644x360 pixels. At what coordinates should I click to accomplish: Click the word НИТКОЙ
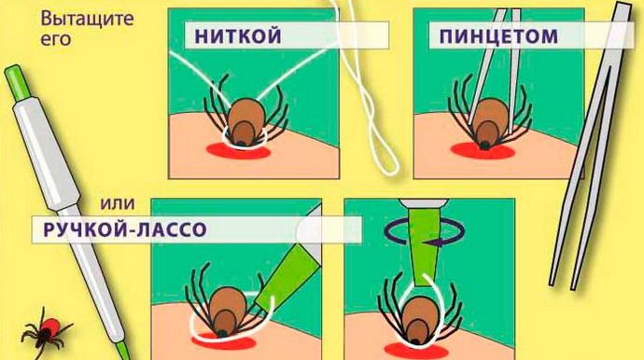[x=238, y=35]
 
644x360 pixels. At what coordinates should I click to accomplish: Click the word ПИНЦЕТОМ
[x=498, y=36]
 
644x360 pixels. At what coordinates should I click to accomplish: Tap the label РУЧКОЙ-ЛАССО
[x=125, y=229]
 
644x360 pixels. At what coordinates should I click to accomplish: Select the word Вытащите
[x=87, y=20]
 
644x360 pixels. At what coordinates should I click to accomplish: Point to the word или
[x=118, y=203]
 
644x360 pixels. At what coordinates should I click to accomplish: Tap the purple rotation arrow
[x=425, y=232]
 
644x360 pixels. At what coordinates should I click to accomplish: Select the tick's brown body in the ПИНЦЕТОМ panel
[x=489, y=122]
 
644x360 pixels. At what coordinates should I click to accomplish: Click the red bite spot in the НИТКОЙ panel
[x=238, y=151]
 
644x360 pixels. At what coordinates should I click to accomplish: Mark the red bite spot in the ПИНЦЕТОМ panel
[x=483, y=151]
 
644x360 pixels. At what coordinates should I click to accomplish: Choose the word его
[x=55, y=39]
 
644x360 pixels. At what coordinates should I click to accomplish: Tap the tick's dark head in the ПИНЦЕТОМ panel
[x=485, y=145]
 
